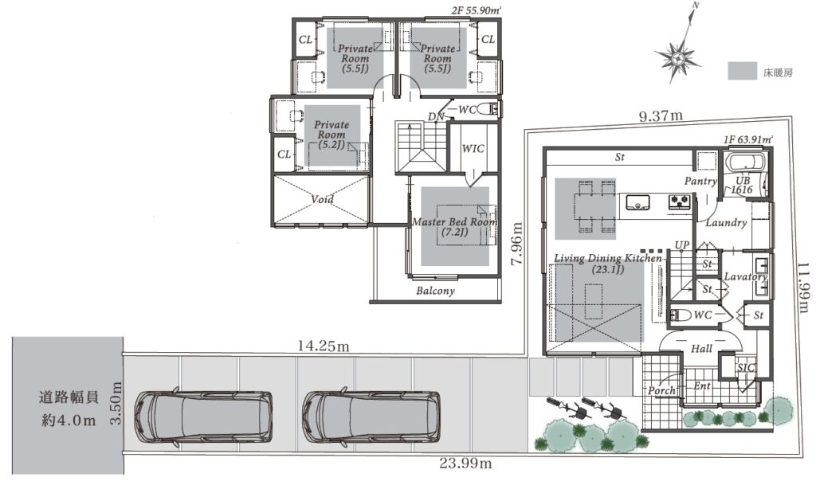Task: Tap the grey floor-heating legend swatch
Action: click(x=742, y=71)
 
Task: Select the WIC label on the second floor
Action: click(x=473, y=149)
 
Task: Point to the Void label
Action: click(x=322, y=199)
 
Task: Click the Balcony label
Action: click(x=435, y=291)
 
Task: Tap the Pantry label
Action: click(x=700, y=181)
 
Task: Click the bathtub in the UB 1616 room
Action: click(x=744, y=162)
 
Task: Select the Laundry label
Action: click(x=726, y=223)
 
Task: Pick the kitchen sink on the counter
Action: click(x=637, y=201)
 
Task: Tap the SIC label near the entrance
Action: click(x=745, y=368)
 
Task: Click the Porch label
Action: click(x=661, y=390)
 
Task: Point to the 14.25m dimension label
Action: click(x=324, y=346)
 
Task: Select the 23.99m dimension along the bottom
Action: click(x=465, y=463)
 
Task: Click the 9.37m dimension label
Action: click(x=661, y=115)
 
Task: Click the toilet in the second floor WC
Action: click(x=488, y=109)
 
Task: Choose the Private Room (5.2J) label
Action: click(x=331, y=135)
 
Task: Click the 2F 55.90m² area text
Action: click(x=477, y=10)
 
